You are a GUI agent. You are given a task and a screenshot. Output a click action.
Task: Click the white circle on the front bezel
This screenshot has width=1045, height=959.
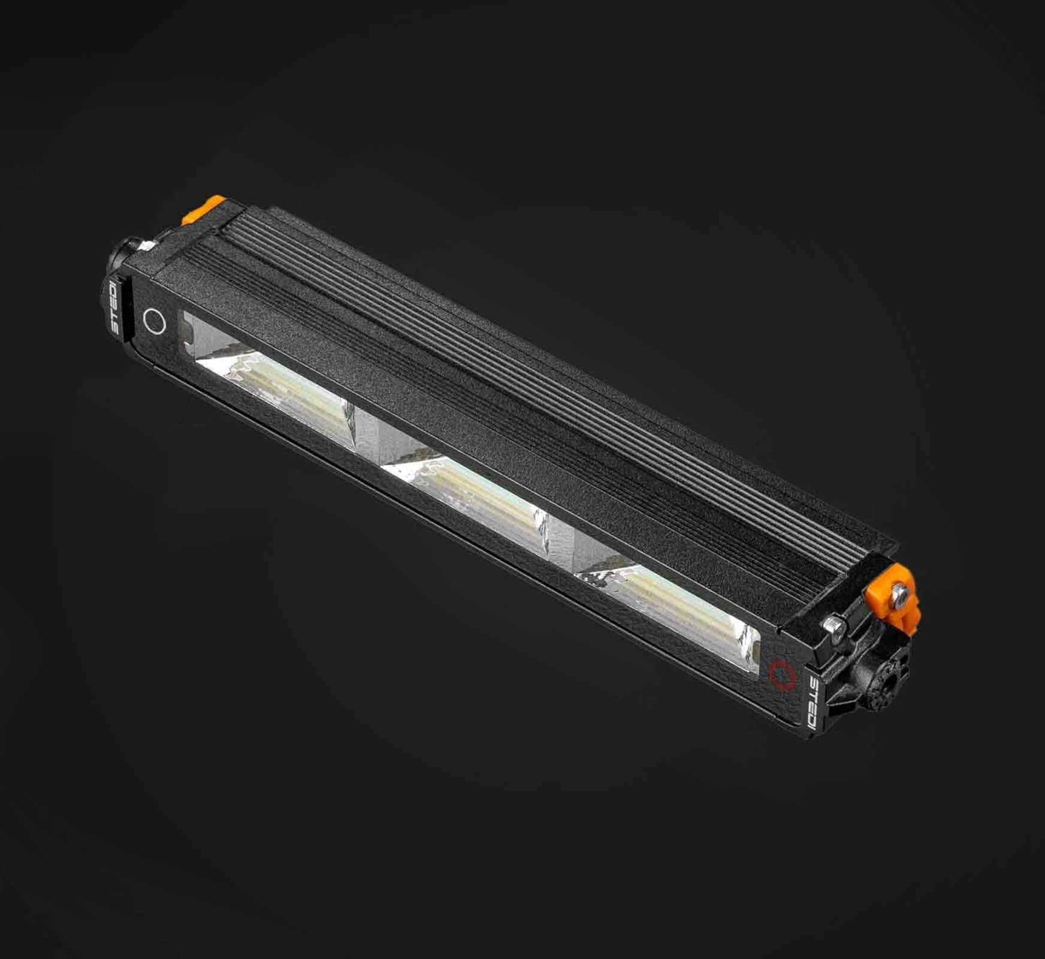(x=155, y=321)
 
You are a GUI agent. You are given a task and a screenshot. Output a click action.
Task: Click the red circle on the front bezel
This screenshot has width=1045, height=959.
(x=783, y=674)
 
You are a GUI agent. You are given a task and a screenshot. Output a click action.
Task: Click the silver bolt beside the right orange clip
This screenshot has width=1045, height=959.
(x=833, y=626)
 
